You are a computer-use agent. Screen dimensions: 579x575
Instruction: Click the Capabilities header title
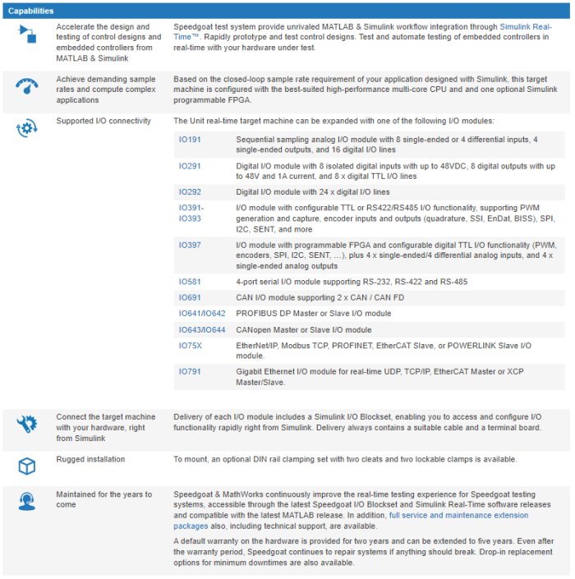coord(31,11)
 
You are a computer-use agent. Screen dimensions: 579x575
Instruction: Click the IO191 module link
coord(190,140)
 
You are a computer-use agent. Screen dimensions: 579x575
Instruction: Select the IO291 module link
coord(190,165)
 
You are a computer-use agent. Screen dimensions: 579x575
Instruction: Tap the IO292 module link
coord(190,191)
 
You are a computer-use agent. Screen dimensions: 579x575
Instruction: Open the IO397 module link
coord(190,245)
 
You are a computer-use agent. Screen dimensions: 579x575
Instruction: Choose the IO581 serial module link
coord(190,281)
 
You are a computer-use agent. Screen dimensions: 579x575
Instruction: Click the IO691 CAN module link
coord(190,297)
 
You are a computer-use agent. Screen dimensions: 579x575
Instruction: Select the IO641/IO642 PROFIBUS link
coord(201,314)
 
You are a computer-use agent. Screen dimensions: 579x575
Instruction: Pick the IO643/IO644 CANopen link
coord(201,330)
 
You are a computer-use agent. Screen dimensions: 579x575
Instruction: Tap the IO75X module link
coord(190,346)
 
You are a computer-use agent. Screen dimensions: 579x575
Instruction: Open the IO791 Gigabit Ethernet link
coord(190,372)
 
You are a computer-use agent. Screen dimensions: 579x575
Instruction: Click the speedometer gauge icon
coord(27,85)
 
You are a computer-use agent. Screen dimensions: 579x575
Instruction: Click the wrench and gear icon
coord(27,425)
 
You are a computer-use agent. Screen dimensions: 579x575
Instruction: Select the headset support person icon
coord(27,502)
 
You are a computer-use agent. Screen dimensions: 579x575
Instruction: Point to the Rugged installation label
coord(90,458)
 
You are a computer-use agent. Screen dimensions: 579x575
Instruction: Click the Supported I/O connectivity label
coord(103,121)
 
